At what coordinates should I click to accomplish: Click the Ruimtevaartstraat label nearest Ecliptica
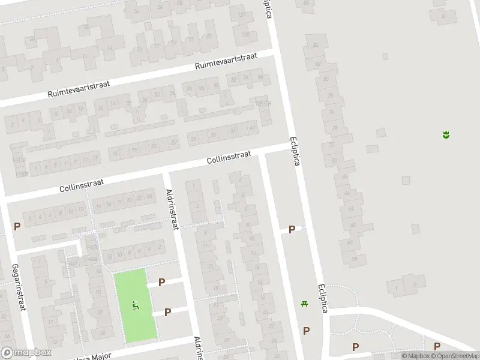tap(226, 62)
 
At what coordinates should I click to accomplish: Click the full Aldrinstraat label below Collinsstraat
tap(173, 209)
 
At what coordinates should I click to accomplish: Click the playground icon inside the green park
tap(136, 305)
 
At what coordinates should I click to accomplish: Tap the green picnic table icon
tap(305, 304)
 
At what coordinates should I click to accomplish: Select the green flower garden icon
tap(446, 134)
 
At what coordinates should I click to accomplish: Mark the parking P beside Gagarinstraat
tap(17, 227)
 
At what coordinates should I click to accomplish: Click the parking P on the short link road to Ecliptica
tap(292, 229)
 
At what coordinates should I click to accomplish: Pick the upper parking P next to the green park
tap(161, 281)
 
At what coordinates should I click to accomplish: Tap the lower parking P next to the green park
tap(167, 312)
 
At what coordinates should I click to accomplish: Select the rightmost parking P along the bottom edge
tap(437, 346)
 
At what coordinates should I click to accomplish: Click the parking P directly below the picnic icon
tap(306, 331)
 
